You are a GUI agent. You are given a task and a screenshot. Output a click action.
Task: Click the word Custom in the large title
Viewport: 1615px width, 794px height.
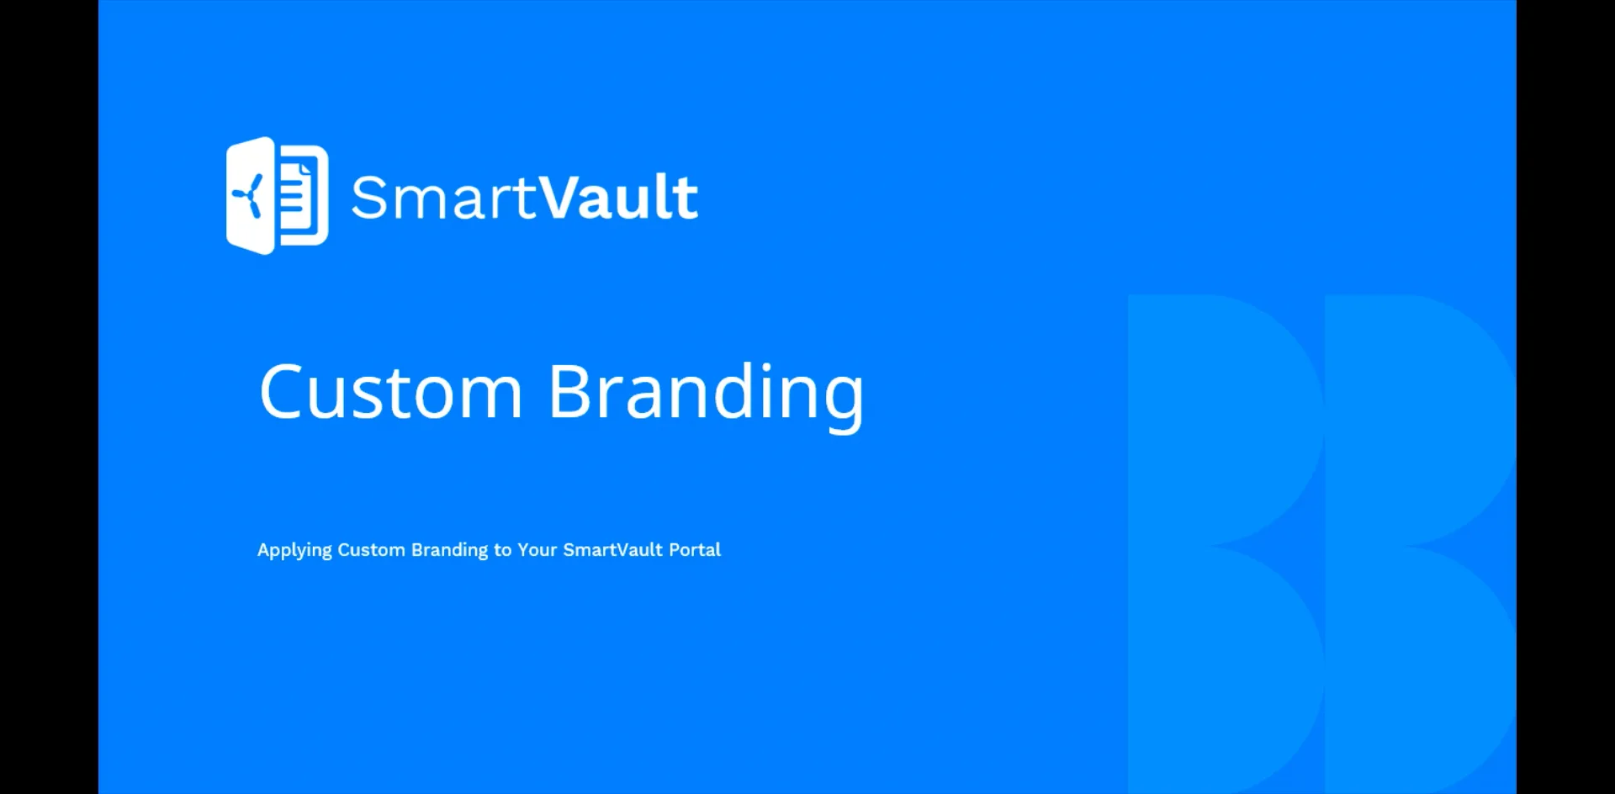(x=390, y=392)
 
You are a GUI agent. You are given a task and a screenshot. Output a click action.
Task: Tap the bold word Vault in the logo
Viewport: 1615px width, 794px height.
(x=618, y=198)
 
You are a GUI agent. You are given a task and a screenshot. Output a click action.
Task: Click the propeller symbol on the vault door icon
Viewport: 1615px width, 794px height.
(x=248, y=197)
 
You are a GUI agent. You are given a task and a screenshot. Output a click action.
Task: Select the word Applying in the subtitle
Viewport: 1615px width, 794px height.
(x=294, y=550)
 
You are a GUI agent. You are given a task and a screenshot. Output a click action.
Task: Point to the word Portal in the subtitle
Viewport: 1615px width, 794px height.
(x=695, y=550)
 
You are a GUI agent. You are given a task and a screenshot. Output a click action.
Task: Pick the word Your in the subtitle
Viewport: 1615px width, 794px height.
(x=537, y=550)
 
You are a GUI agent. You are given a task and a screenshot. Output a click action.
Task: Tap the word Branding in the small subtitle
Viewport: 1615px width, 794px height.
(x=449, y=550)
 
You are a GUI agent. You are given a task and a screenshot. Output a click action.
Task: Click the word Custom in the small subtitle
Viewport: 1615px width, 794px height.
(x=371, y=550)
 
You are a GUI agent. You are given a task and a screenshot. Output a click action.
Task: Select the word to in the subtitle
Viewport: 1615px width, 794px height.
(x=502, y=550)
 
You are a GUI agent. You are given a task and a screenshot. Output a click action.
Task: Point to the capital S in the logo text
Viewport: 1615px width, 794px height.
(x=367, y=198)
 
